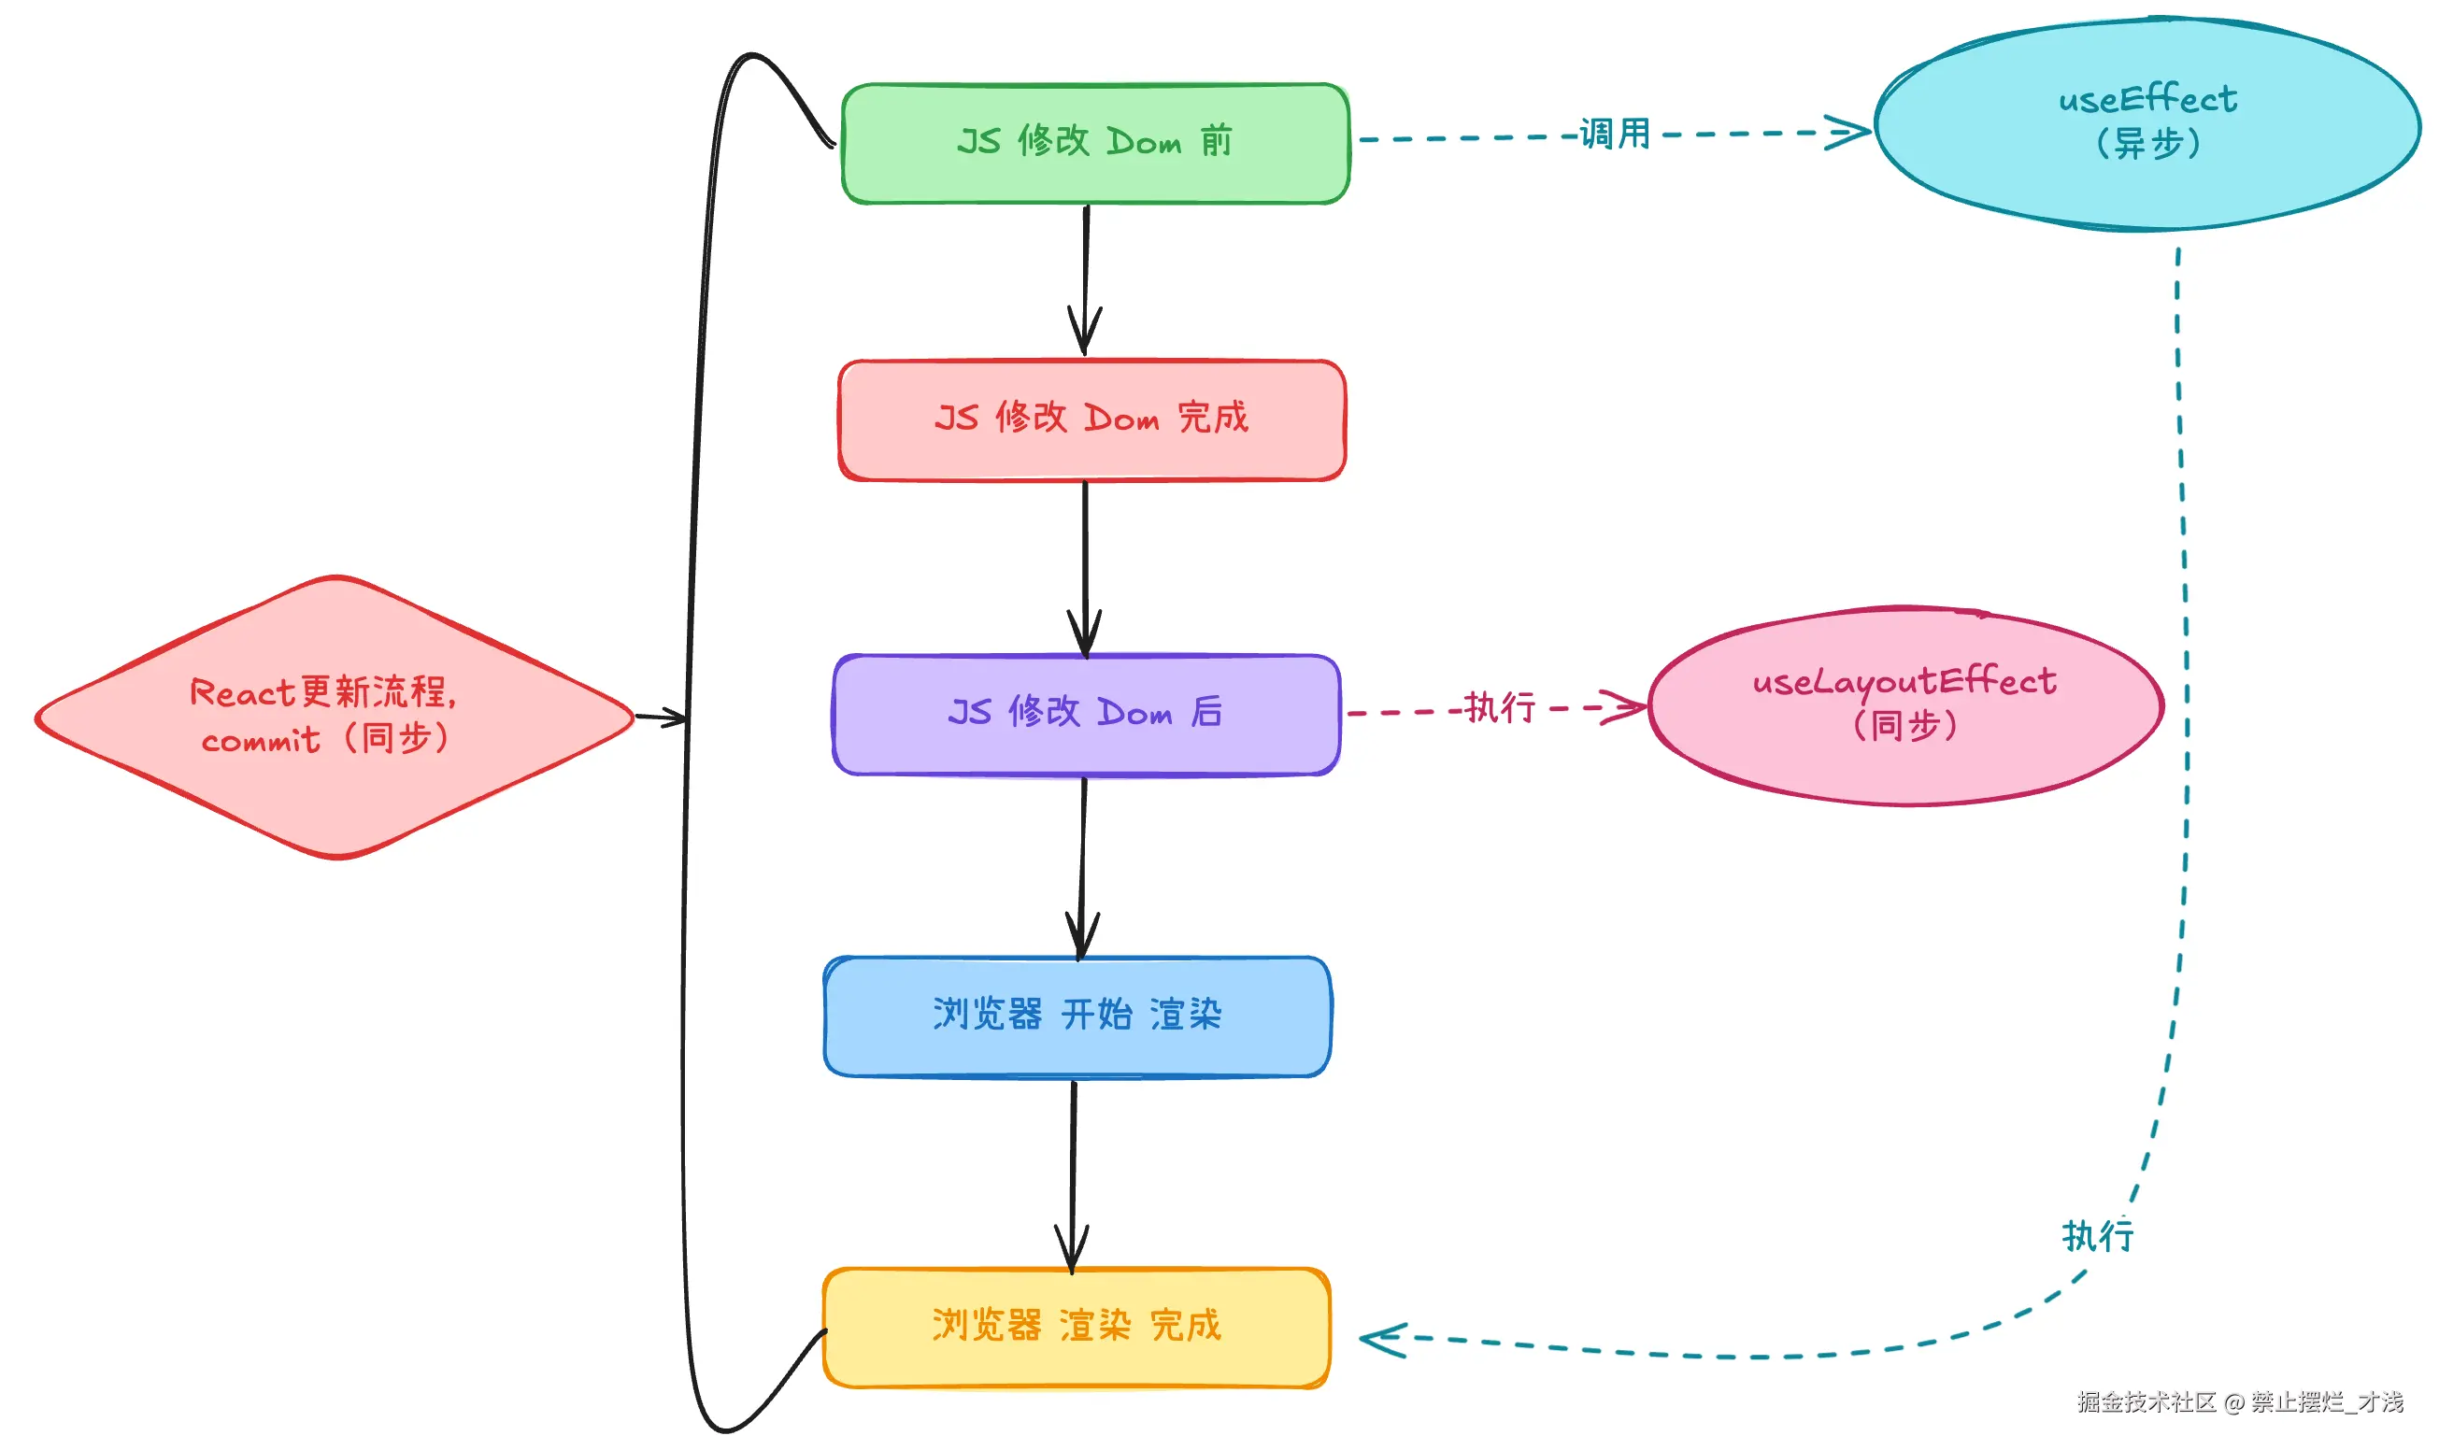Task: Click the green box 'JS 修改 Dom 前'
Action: point(1094,143)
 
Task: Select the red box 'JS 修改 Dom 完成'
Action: point(1091,419)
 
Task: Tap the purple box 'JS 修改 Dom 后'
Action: point(1085,713)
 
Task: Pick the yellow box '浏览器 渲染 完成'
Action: point(1076,1326)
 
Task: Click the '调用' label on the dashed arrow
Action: point(1613,134)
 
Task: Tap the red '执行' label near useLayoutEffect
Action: point(1499,707)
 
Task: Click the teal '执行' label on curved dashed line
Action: point(2097,1236)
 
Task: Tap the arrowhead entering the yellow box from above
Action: point(1072,1251)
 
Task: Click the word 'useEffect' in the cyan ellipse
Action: point(2146,100)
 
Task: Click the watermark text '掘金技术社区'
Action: point(2146,1402)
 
